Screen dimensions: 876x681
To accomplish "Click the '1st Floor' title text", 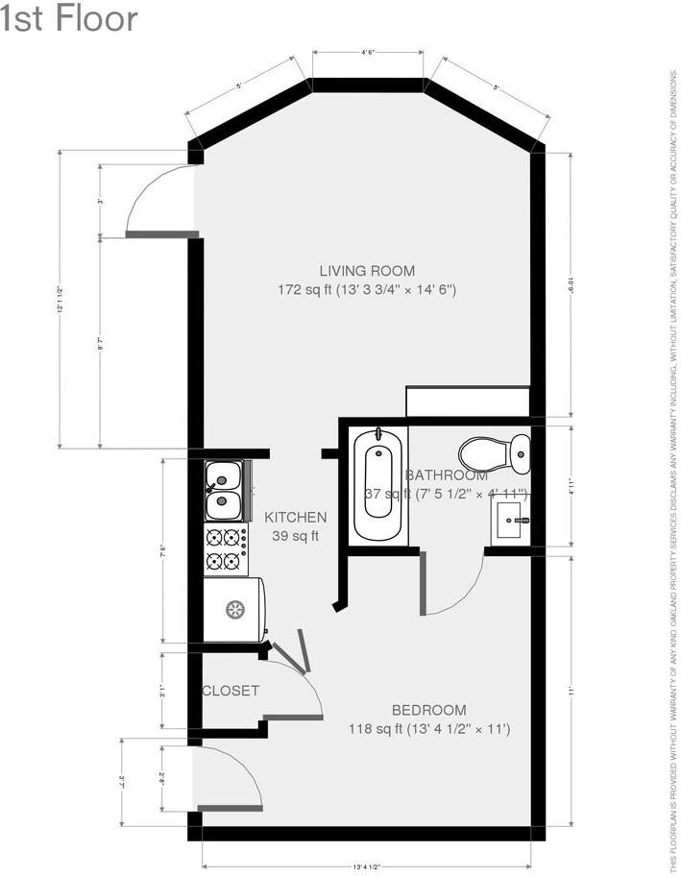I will (x=69, y=17).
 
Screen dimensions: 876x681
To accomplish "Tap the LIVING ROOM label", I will (x=367, y=271).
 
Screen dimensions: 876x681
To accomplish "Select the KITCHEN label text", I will (x=295, y=517).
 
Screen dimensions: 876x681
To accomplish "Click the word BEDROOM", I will (x=428, y=710).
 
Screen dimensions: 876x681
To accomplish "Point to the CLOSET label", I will (x=231, y=691).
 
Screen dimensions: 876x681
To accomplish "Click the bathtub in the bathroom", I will (x=378, y=485).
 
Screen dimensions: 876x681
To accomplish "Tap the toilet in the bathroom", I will (x=495, y=452).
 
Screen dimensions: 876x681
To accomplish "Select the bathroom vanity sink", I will (x=510, y=521).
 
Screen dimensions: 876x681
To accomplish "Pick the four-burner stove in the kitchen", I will (x=224, y=549).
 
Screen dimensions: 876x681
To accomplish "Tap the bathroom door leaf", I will (x=423, y=584).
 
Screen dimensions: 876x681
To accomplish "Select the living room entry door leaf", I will (x=161, y=233).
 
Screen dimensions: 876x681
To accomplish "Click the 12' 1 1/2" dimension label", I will (x=60, y=300).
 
